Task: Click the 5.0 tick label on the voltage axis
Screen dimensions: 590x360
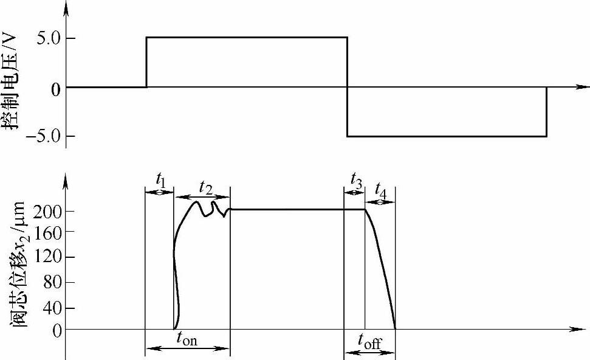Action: (x=46, y=38)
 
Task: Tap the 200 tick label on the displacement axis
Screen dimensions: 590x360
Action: (x=46, y=211)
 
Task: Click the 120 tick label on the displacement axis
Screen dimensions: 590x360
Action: (x=46, y=257)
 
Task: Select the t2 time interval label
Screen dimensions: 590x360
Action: (x=205, y=187)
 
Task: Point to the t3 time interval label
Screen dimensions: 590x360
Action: (x=357, y=179)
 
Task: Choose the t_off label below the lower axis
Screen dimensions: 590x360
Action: (x=369, y=342)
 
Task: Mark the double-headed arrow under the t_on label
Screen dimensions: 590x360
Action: (x=187, y=349)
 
